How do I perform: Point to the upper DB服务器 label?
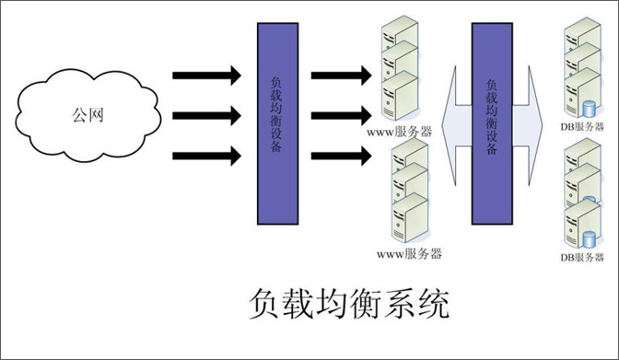coord(582,126)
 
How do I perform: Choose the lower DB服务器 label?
coord(582,258)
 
